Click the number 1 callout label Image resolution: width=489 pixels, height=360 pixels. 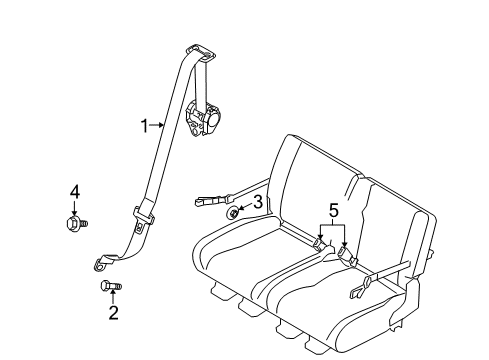click(144, 125)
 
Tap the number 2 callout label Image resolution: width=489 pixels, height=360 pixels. click(113, 313)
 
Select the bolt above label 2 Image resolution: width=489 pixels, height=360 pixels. click(112, 288)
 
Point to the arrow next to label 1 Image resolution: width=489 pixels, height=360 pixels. click(158, 125)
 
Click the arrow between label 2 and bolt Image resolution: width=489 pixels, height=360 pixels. click(113, 300)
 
